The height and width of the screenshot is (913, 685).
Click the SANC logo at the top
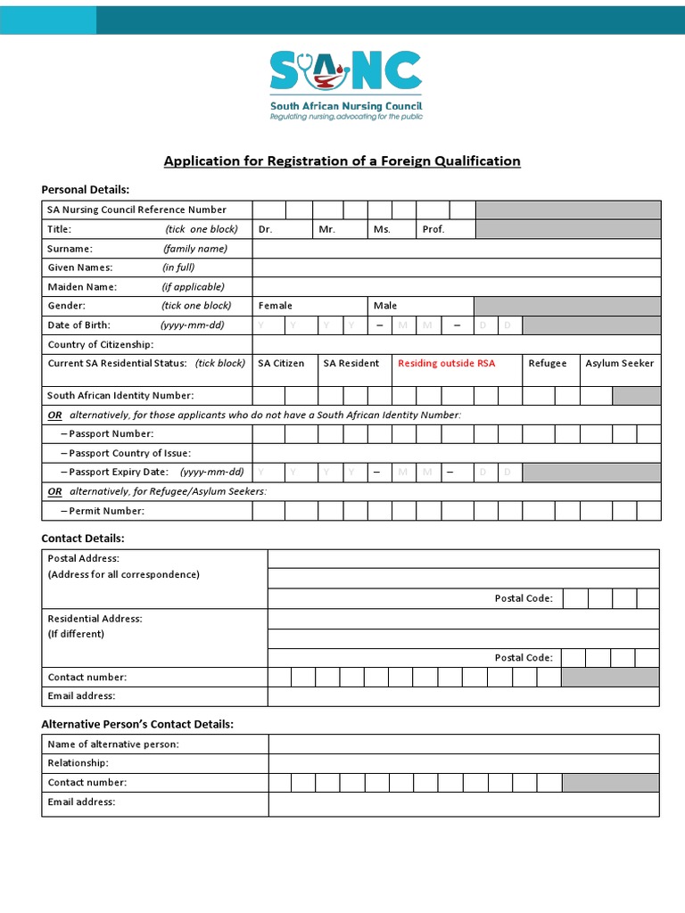(346, 85)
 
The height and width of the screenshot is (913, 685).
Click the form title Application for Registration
(342, 161)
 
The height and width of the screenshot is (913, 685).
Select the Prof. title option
(445, 229)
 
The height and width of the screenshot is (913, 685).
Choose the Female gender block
(309, 306)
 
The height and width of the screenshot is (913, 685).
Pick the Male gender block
(419, 306)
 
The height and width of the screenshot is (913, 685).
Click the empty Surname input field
(456, 249)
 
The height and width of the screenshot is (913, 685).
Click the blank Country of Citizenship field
(456, 344)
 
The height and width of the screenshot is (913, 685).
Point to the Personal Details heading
(86, 189)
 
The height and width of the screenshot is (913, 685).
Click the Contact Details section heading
(83, 539)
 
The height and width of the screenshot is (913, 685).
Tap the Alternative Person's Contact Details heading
(137, 724)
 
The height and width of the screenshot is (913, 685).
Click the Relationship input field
(463, 763)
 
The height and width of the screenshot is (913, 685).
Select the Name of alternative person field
(463, 744)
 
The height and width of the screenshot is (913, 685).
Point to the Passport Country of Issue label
(120, 453)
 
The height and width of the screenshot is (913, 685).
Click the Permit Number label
(102, 511)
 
